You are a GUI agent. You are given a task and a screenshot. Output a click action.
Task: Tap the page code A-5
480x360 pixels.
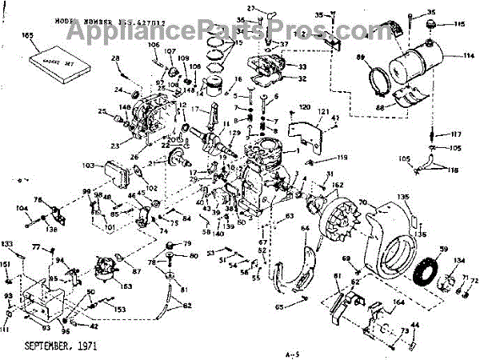[290, 352]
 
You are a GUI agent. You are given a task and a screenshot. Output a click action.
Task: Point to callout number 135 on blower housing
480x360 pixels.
[403, 197]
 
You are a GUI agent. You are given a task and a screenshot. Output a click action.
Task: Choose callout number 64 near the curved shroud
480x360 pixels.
[305, 230]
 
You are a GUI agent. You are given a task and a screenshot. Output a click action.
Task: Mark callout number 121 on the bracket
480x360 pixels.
[323, 111]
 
